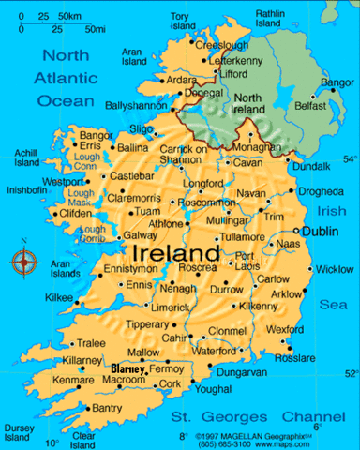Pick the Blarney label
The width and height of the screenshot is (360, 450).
tap(129, 369)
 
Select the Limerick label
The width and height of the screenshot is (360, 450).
tap(172, 307)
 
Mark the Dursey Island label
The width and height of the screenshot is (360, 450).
tap(19, 431)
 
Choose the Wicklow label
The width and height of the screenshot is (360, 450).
tap(334, 269)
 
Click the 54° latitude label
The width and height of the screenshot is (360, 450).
tap(350, 158)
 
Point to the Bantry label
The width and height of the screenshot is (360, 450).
tap(107, 409)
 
